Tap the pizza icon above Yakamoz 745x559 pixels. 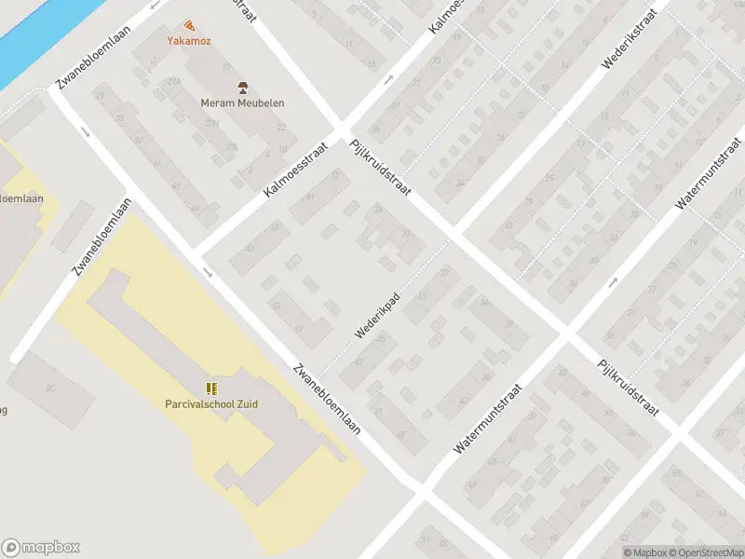(x=189, y=24)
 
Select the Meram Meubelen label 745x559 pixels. (x=242, y=103)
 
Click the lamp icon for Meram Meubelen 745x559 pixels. (x=243, y=88)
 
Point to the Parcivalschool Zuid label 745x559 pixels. (x=211, y=403)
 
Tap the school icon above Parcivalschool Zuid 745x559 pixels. (x=211, y=388)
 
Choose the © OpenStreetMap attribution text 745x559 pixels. (x=705, y=552)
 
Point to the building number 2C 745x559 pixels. (x=52, y=388)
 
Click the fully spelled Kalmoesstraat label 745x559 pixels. (x=297, y=169)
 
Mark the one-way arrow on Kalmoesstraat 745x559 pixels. (x=388, y=77)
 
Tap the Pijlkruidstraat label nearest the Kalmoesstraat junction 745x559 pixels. (x=381, y=168)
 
